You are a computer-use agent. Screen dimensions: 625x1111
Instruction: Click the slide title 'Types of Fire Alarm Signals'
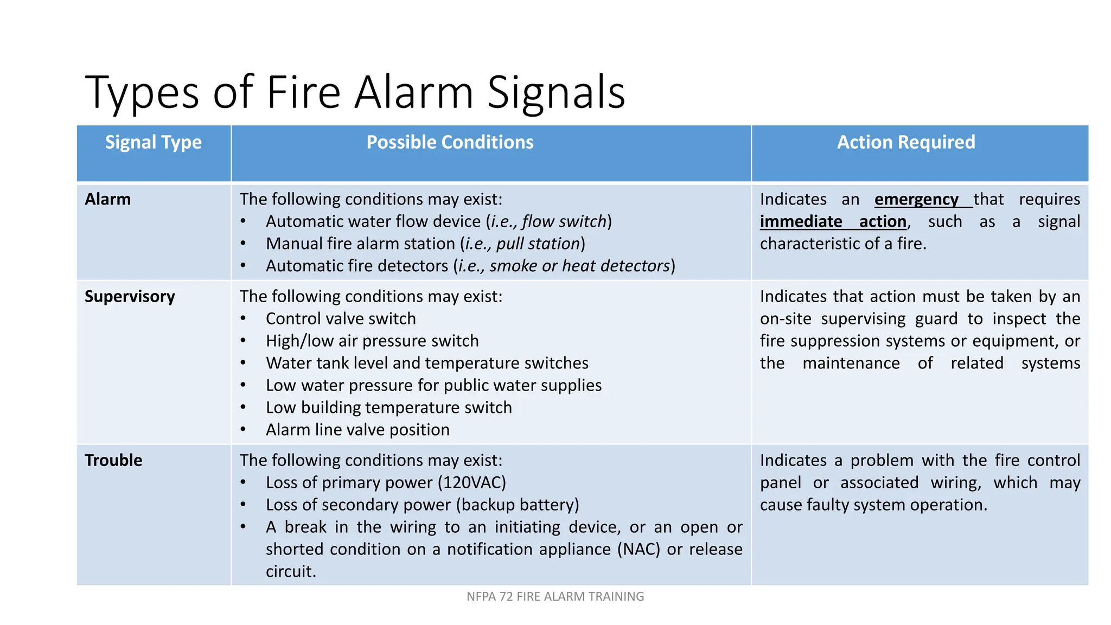[x=355, y=92]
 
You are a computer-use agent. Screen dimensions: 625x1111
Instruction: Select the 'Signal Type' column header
[x=154, y=143]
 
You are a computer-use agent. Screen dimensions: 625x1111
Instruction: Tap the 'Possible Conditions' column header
[x=450, y=143]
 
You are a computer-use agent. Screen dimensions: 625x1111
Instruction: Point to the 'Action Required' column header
[x=905, y=143]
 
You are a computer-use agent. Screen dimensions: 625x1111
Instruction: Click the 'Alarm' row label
[x=108, y=200]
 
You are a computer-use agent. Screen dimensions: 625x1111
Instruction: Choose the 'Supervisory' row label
[x=130, y=297]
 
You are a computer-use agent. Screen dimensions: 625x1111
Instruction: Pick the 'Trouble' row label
[x=113, y=461]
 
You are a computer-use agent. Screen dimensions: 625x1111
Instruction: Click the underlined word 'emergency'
[x=916, y=200]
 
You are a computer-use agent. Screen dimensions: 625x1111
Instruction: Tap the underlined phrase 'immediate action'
[x=833, y=222]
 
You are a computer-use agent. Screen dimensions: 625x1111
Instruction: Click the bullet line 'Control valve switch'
[x=341, y=319]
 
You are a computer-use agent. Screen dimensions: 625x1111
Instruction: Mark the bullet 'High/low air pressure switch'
[x=372, y=341]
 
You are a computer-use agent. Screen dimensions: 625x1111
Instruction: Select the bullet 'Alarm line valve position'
[x=357, y=430]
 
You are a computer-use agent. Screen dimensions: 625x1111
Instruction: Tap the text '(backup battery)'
[x=518, y=505]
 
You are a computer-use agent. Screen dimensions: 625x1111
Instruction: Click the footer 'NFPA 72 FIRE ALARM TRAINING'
[x=555, y=597]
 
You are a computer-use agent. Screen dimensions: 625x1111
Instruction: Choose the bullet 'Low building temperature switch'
[x=388, y=408]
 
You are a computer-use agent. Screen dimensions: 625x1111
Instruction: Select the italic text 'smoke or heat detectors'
[x=579, y=266]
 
